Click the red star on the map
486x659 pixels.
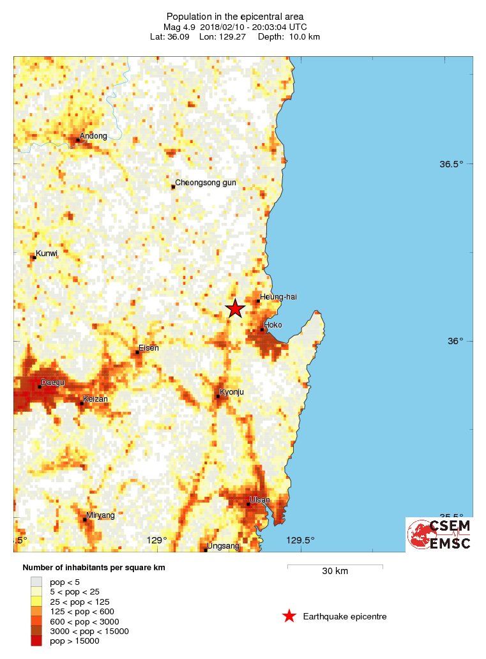click(x=235, y=308)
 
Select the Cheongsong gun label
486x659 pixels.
click(x=206, y=183)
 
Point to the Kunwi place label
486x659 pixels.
click(x=47, y=254)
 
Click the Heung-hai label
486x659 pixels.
click(x=278, y=296)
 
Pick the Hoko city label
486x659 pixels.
click(x=273, y=324)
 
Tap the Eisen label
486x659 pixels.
click(x=148, y=348)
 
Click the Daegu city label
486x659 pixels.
click(x=54, y=382)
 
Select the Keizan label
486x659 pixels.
click(x=96, y=398)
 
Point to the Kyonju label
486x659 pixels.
click(x=232, y=391)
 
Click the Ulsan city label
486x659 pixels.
click(x=260, y=499)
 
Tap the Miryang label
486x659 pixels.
click(x=100, y=515)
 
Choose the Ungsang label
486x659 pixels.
click(x=224, y=546)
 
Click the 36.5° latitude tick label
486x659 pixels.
click(x=451, y=164)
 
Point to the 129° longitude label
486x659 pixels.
click(x=157, y=540)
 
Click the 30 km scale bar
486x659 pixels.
click(x=335, y=566)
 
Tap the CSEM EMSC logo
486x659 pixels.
click(x=439, y=534)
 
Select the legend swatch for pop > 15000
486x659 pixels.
click(x=37, y=641)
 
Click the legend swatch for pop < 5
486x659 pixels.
click(x=37, y=581)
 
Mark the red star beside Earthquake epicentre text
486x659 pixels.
click(x=289, y=616)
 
